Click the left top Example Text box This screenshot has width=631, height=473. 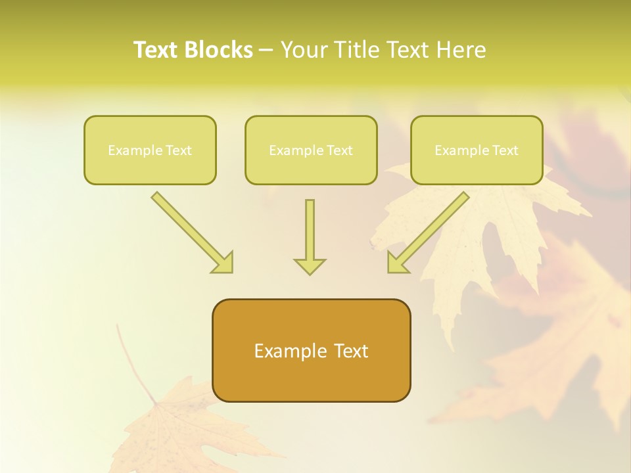tap(150, 150)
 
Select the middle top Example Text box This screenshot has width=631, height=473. tap(311, 150)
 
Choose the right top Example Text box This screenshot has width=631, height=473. tap(477, 150)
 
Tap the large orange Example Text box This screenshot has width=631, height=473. tap(311, 350)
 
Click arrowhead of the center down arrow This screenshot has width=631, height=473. tap(310, 265)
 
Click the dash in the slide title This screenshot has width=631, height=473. tap(266, 50)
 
